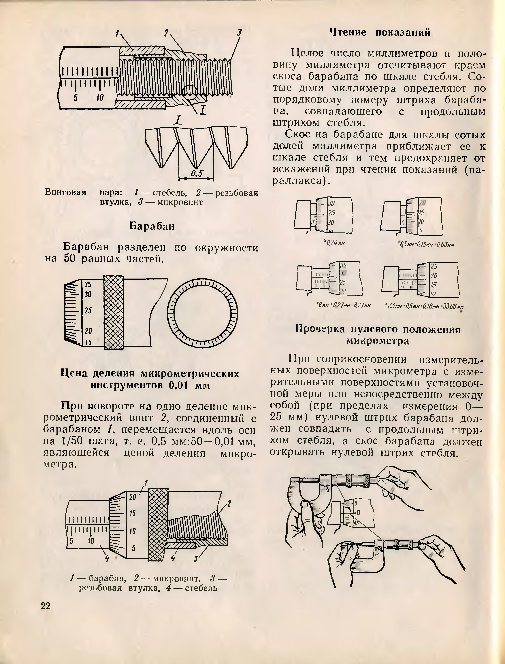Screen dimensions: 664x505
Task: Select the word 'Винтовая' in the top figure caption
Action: pyautogui.click(x=65, y=192)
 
